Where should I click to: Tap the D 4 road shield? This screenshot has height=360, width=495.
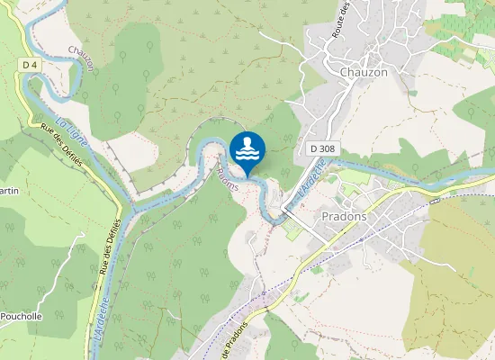30,65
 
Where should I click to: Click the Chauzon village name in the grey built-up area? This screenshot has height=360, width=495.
364,72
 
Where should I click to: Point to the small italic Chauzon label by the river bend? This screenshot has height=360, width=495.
82,52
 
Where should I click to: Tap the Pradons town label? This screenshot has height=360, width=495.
346,216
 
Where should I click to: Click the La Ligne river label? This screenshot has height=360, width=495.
68,133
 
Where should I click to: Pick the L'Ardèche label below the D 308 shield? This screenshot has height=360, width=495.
309,176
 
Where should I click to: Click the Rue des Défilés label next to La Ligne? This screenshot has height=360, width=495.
61,143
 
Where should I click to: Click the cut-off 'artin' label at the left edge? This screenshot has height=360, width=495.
9,191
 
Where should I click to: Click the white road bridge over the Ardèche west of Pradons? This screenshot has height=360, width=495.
282,209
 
